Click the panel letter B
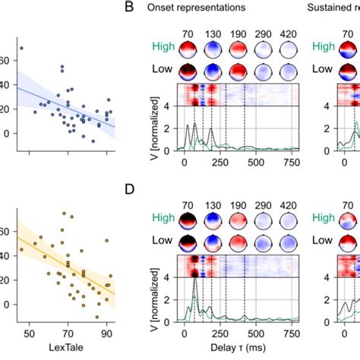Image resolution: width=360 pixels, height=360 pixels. [130, 8]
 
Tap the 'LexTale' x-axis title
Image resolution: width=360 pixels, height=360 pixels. [68, 347]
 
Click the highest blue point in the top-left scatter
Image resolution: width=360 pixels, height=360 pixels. [21, 49]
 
